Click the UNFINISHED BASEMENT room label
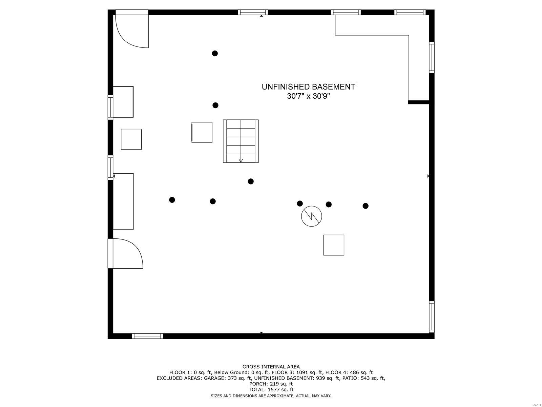click(x=308, y=87)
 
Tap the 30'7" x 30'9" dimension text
click(x=308, y=96)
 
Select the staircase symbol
click(x=241, y=141)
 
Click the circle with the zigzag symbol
click(x=311, y=216)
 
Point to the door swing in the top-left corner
click(x=132, y=31)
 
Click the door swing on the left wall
click(x=127, y=254)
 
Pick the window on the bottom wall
click(x=147, y=336)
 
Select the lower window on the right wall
click(x=432, y=316)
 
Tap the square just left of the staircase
click(x=202, y=132)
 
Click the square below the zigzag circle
click(x=334, y=245)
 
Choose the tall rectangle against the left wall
click(x=123, y=201)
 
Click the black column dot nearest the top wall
click(x=215, y=53)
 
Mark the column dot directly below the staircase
click(x=251, y=181)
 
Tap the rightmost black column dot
click(x=366, y=206)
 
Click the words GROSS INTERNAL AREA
click(x=271, y=367)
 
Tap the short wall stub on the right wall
click(x=419, y=102)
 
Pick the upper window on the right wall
click(x=432, y=57)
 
